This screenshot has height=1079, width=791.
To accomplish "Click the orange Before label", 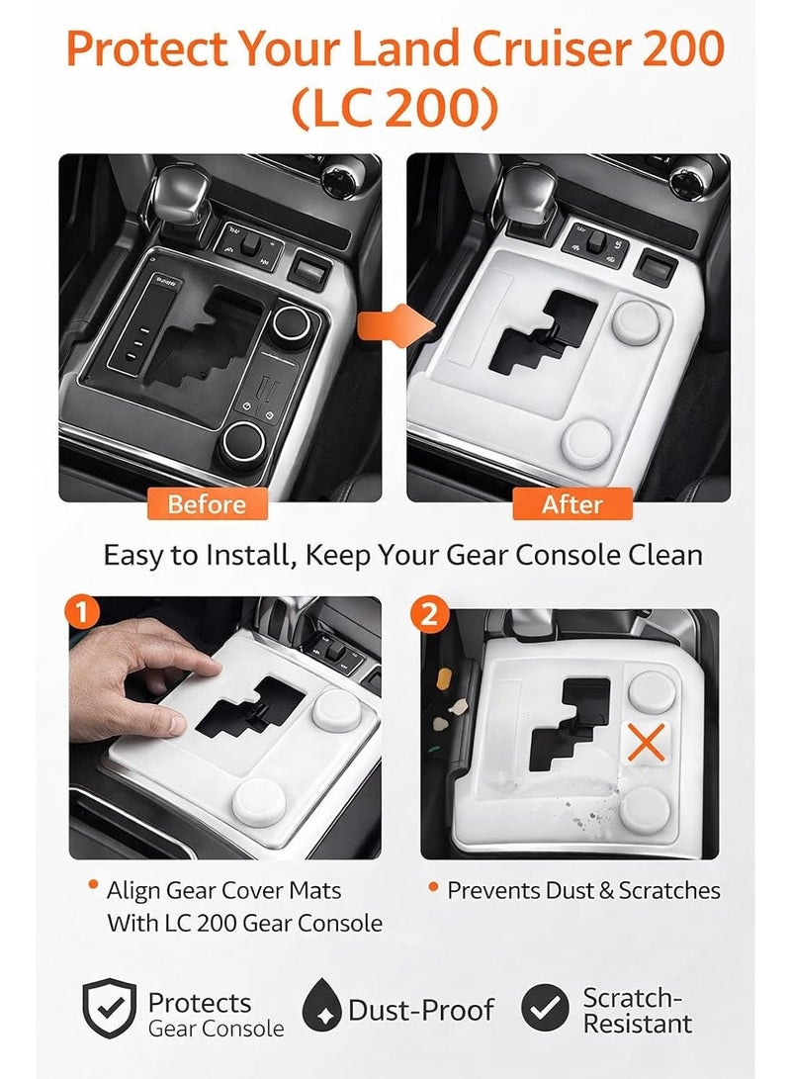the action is click(x=207, y=504).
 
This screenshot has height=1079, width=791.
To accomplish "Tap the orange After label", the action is click(x=572, y=504).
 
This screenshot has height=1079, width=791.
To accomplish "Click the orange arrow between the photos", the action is click(x=395, y=325).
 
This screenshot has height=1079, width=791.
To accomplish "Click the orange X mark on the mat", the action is click(x=647, y=743).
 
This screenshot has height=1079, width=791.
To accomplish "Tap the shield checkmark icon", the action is click(x=109, y=1008).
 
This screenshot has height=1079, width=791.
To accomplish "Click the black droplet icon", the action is click(x=321, y=1006).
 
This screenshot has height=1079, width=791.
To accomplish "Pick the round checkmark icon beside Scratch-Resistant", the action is click(x=545, y=1008).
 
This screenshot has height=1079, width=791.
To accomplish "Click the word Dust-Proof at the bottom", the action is click(x=421, y=1010).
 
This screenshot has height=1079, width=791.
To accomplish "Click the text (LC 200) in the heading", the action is click(x=395, y=109).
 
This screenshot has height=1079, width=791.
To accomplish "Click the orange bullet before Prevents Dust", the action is click(x=433, y=887).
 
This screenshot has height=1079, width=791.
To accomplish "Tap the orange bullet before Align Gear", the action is click(x=93, y=885).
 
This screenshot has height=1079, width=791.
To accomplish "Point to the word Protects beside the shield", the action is click(x=200, y=1003).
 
